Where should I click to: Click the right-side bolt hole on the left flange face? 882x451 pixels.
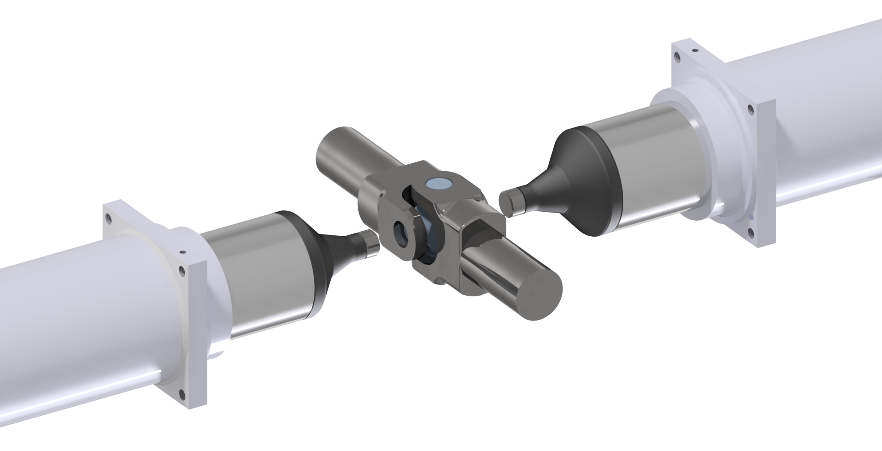pos(182,271)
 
